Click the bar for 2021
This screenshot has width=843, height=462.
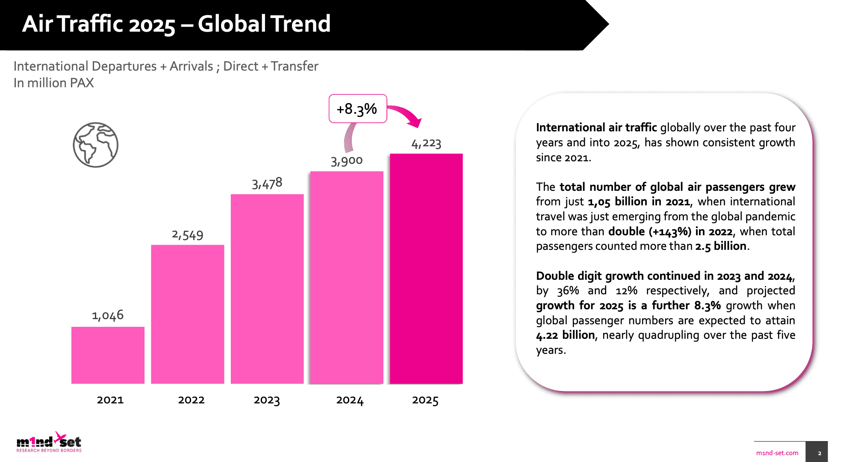point(108,355)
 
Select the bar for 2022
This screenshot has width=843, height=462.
point(187,314)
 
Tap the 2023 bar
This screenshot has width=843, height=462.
point(267,289)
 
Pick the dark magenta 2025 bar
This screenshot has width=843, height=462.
point(426,269)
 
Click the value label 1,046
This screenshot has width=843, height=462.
point(108,315)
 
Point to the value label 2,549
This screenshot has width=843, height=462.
point(188,235)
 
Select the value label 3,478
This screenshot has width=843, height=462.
point(267,184)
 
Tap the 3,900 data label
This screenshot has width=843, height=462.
point(347,161)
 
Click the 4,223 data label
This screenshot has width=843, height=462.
point(426,143)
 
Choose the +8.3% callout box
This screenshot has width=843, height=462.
point(357,109)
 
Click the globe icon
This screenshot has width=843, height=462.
point(95,145)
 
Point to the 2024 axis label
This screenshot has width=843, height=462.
point(350,400)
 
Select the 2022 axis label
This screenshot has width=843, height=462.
point(191,400)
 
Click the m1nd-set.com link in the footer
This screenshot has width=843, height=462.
point(777,453)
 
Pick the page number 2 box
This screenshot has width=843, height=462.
point(819,453)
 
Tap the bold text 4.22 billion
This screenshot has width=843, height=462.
point(565,335)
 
